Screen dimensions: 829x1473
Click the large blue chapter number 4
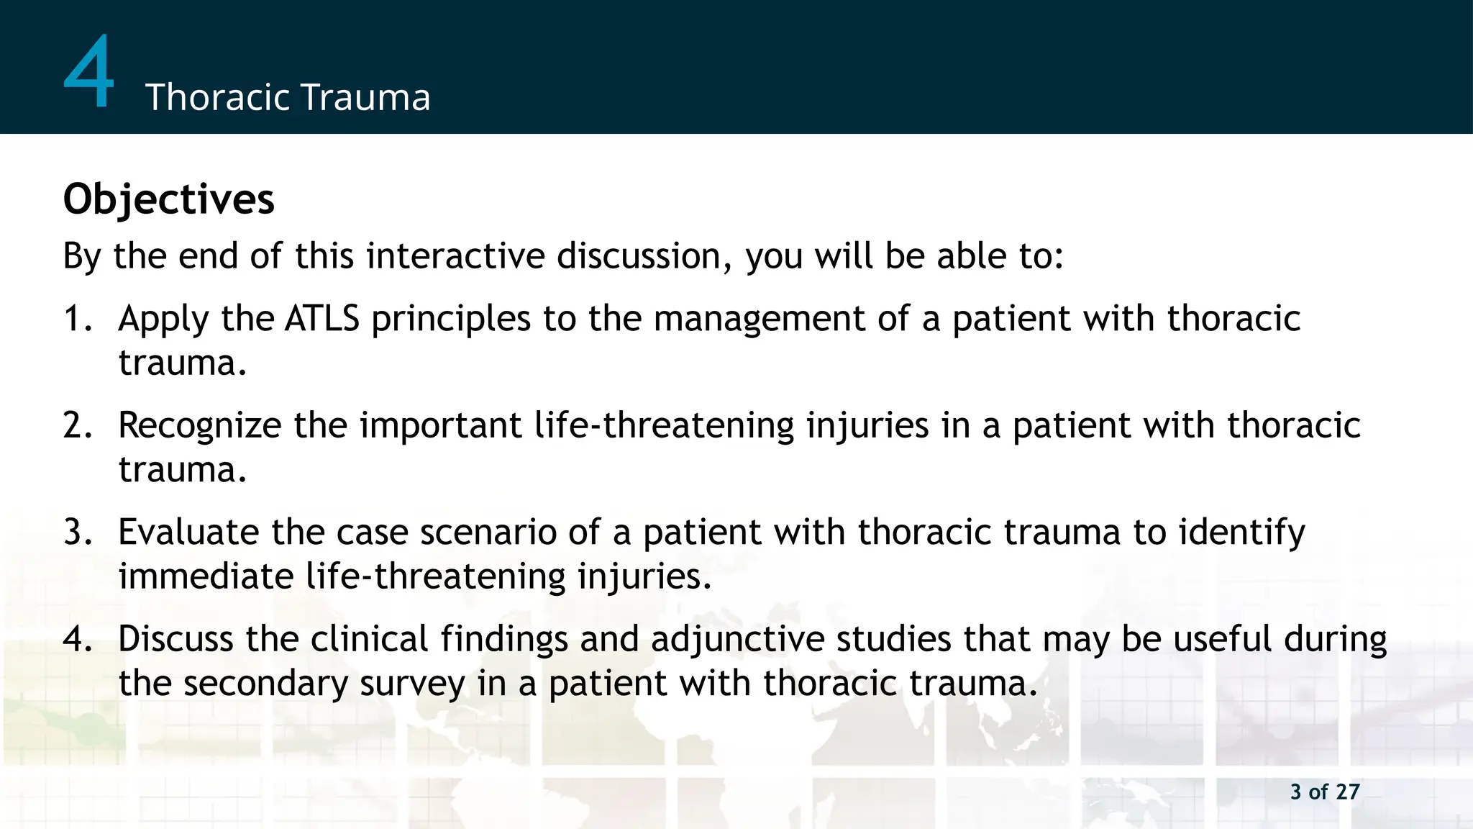tap(89, 72)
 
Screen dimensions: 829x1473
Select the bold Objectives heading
tap(169, 199)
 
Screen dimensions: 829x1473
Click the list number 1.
tap(76, 319)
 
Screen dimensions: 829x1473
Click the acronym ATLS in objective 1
tap(321, 319)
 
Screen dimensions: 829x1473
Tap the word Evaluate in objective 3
tap(188, 533)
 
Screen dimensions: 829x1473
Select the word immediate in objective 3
tap(206, 576)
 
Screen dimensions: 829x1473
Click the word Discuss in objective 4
tap(175, 639)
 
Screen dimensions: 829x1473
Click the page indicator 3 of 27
tap(1325, 792)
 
